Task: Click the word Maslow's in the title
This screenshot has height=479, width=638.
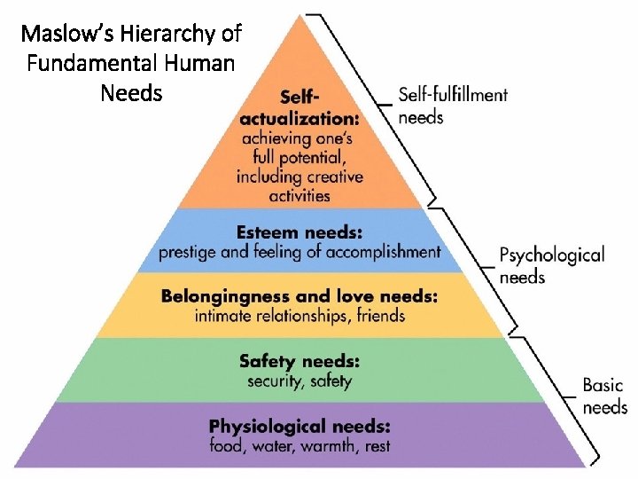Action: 61,35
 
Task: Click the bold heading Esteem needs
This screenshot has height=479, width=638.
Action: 300,232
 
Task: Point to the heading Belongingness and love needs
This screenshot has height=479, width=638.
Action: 299,296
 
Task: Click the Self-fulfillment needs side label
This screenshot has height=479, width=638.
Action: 453,104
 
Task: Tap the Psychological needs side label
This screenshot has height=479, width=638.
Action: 551,265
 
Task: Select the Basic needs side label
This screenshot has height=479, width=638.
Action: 604,396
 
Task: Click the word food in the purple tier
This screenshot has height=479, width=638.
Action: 224,445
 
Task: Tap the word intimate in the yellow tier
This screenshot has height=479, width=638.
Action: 222,315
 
